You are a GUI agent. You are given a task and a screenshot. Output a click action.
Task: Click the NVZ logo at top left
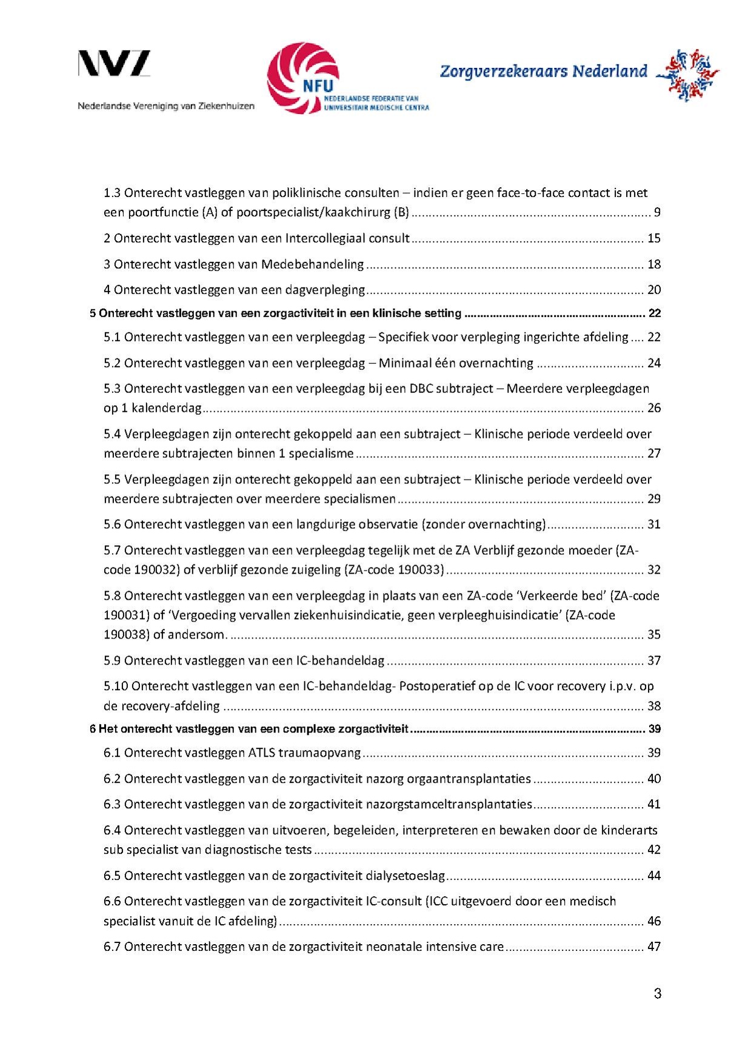click(114, 64)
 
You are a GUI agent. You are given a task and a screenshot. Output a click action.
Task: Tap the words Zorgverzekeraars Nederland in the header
click(544, 72)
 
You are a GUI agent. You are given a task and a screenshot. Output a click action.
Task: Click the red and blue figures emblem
click(688, 75)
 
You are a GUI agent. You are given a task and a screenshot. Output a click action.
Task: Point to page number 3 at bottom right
click(658, 993)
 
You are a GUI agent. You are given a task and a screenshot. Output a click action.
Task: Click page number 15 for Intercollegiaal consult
click(653, 238)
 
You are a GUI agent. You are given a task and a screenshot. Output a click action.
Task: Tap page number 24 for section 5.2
click(653, 363)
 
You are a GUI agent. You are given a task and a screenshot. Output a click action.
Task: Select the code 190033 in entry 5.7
click(421, 570)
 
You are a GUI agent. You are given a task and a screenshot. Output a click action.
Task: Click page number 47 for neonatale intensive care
click(653, 947)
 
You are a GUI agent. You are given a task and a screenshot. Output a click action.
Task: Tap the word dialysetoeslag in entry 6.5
click(406, 876)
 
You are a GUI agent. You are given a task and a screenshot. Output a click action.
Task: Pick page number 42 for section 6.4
click(653, 850)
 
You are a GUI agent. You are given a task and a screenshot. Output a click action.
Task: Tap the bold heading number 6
click(93, 729)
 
